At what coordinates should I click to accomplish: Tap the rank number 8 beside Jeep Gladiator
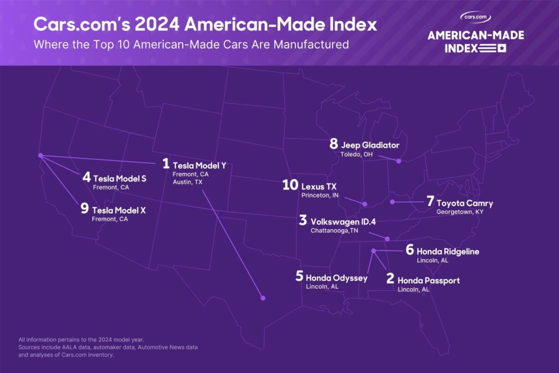(x=334, y=145)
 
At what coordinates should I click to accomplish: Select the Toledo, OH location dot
(x=399, y=161)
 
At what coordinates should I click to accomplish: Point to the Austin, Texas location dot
(x=263, y=298)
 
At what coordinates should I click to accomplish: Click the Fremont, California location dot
(x=40, y=156)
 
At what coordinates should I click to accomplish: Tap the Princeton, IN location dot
(x=365, y=204)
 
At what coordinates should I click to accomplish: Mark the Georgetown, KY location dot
(x=392, y=202)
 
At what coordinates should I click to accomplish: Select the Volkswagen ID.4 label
(x=343, y=222)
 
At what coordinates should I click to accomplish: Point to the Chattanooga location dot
(x=388, y=239)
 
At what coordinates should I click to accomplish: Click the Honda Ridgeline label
(x=448, y=251)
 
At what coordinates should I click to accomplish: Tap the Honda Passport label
(x=429, y=280)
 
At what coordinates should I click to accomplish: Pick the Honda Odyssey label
(x=336, y=277)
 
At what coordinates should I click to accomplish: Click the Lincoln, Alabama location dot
(x=373, y=251)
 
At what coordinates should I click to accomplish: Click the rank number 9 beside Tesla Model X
(x=85, y=209)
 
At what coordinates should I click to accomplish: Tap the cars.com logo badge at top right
(x=475, y=17)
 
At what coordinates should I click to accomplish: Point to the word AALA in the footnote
(x=76, y=347)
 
